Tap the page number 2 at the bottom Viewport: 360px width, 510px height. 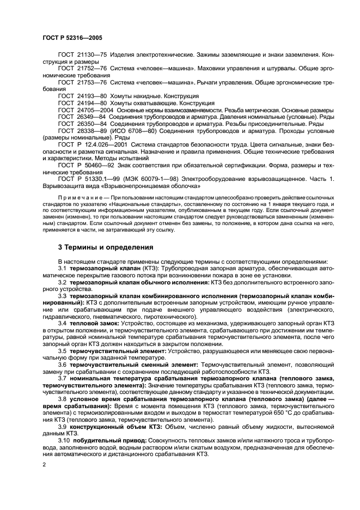[44, 464]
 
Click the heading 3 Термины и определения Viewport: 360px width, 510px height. [106, 247]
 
